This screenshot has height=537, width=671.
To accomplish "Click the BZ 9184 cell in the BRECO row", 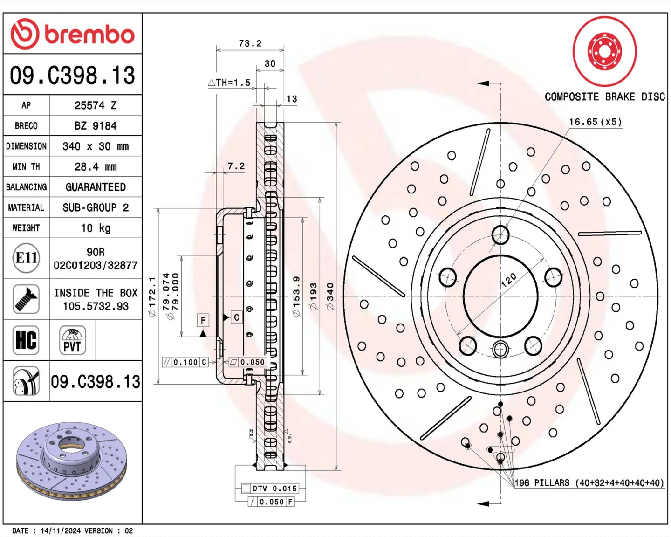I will [x=96, y=126].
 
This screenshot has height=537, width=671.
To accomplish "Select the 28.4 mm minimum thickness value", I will [x=96, y=167].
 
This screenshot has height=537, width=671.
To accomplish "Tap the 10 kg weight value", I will [x=96, y=228].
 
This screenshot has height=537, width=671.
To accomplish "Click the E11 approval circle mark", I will [x=26, y=258].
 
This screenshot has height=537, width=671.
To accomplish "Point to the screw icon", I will [x=26, y=299].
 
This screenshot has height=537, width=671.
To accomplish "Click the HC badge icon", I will [x=26, y=340].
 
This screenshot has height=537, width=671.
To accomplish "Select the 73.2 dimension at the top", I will [x=250, y=43].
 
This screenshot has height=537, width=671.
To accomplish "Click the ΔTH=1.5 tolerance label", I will [x=229, y=83].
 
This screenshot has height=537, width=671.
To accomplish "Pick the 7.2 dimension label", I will [x=236, y=166].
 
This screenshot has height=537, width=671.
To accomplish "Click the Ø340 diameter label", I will [x=330, y=296].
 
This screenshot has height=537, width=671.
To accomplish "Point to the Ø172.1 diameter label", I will [x=152, y=296].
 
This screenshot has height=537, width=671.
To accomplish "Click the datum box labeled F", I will [x=203, y=320].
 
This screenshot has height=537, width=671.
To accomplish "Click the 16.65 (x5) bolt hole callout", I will [x=595, y=122].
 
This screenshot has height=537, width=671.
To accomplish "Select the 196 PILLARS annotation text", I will [x=589, y=483].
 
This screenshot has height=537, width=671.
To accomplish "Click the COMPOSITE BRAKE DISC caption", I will [x=605, y=97].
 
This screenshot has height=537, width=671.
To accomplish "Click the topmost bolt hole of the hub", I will [x=500, y=235].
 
